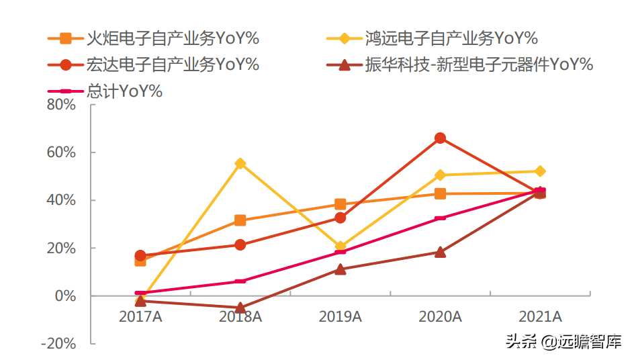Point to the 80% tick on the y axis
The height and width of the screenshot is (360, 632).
[x=61, y=105]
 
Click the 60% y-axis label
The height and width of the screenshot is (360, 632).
[x=61, y=152]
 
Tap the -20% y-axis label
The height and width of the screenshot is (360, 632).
[x=58, y=343]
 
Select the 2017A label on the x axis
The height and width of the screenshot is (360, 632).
[x=140, y=316]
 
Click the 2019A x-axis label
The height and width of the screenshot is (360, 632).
[x=341, y=316]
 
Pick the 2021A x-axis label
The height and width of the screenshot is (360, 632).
[x=540, y=316]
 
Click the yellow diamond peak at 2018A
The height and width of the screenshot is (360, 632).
[x=240, y=163]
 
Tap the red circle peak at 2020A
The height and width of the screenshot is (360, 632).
[x=440, y=138]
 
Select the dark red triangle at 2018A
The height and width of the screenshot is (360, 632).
[x=240, y=308]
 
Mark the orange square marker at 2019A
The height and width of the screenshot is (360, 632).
[x=341, y=204]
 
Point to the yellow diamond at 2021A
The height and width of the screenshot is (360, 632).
[x=540, y=171]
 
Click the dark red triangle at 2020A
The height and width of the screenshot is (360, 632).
[x=440, y=252]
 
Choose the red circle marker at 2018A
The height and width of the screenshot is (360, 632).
[x=240, y=244]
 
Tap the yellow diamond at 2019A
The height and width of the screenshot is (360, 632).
[x=341, y=246]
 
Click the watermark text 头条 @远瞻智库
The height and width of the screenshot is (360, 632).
[x=564, y=341]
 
